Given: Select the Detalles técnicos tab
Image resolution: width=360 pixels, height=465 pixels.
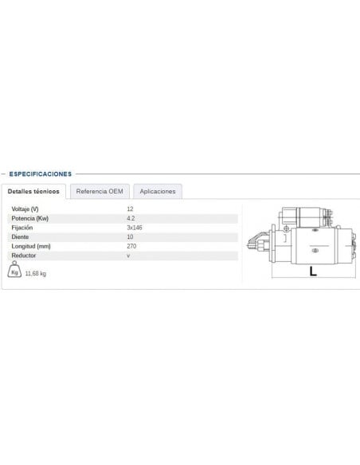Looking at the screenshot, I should [33, 192].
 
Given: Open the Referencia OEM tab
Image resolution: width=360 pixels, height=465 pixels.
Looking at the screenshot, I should [100, 192].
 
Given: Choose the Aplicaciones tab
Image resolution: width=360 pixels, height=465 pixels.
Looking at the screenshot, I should [157, 192].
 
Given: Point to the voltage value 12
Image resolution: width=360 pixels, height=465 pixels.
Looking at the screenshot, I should [130, 209].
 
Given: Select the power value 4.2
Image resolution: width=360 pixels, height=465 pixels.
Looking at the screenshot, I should [131, 218].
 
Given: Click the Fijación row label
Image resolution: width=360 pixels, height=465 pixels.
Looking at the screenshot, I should [22, 228].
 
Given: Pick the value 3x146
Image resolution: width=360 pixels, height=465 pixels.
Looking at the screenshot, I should [134, 228].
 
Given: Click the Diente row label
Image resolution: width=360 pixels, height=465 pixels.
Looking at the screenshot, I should [20, 237].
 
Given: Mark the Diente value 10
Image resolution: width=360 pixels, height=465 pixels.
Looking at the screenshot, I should [130, 237].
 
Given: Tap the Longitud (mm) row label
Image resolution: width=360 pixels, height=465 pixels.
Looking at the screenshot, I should [31, 247].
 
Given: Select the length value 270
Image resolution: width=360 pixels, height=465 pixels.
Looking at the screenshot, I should [131, 247].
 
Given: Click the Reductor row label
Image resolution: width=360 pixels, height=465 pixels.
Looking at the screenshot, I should [24, 256].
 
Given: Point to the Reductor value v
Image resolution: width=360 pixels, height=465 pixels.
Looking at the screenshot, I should [128, 256].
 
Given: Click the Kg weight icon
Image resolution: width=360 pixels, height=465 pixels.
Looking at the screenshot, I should [15, 272].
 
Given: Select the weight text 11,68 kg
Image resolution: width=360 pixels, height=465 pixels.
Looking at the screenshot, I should [36, 274].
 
